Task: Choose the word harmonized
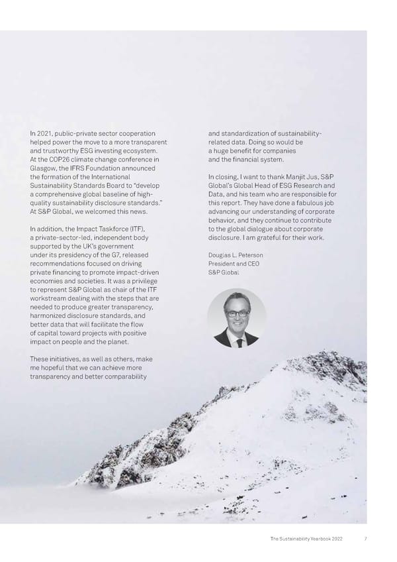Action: pyautogui.click(x=52, y=315)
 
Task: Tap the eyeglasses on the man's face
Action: pyautogui.click(x=237, y=313)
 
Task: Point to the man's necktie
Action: pyautogui.click(x=237, y=339)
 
